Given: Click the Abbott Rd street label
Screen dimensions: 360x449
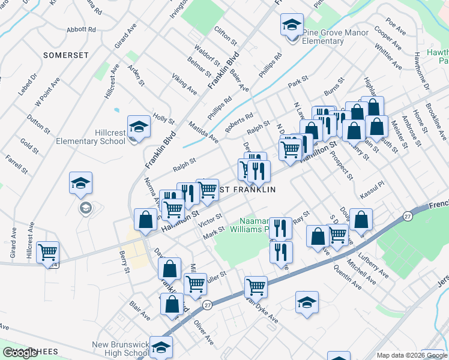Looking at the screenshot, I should pyautogui.click(x=82, y=29).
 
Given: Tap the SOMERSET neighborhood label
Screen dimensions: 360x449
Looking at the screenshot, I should pyautogui.click(x=66, y=55).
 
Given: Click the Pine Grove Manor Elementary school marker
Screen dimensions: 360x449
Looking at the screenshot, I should pyautogui.click(x=292, y=28).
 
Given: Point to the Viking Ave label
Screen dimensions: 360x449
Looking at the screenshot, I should pyautogui.click(x=184, y=85).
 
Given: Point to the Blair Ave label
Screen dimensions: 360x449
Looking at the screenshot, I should pyautogui.click(x=139, y=311).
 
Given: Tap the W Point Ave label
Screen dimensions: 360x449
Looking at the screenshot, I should pyautogui.click(x=46, y=92).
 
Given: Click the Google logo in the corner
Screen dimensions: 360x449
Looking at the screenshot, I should pyautogui.click(x=20, y=353).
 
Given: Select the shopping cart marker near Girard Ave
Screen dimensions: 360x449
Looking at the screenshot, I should pyautogui.click(x=47, y=252).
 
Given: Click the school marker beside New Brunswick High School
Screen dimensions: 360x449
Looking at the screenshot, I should pyautogui.click(x=161, y=347).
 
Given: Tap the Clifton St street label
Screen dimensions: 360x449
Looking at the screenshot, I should pyautogui.click(x=226, y=36).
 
